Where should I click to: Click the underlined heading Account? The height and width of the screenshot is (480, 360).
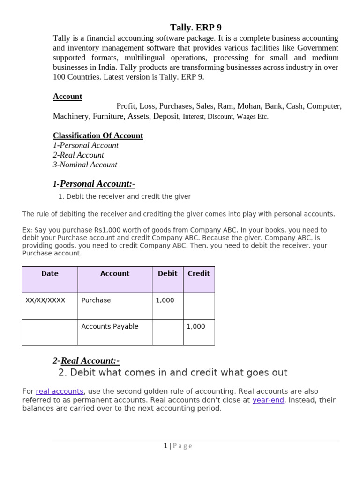tap(67, 96)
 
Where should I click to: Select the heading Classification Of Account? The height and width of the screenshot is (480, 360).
tap(98, 135)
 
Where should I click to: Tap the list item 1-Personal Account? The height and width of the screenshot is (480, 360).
tap(86, 145)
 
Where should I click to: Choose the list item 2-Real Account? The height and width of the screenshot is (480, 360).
tap(78, 155)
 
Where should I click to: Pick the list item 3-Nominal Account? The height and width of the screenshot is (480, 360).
tap(85, 165)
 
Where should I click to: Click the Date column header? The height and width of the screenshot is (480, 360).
tap(50, 274)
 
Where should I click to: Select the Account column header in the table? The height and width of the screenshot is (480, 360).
tap(115, 274)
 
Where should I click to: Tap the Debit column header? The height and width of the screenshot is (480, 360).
tap(167, 274)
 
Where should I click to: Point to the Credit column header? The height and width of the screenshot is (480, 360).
tap(199, 274)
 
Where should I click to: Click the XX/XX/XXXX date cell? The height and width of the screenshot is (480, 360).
tap(45, 300)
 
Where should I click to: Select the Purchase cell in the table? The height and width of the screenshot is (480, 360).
tap(96, 300)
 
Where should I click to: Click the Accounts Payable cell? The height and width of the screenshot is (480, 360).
tap(110, 326)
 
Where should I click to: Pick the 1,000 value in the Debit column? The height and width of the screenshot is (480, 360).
tap(165, 300)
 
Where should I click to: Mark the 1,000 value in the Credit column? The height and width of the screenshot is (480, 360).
tap(196, 326)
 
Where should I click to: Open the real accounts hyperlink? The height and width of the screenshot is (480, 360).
tap(60, 391)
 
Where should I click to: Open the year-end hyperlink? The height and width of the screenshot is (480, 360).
tap(268, 400)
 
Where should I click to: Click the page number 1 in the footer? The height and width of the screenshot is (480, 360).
tap(165, 446)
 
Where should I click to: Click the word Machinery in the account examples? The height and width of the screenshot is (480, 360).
tap(71, 116)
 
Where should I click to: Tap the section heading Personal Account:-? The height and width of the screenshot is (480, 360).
tap(97, 184)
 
